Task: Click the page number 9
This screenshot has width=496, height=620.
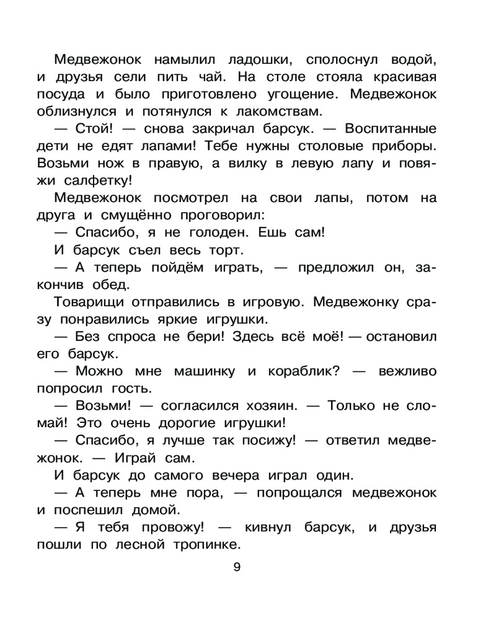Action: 236,565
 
